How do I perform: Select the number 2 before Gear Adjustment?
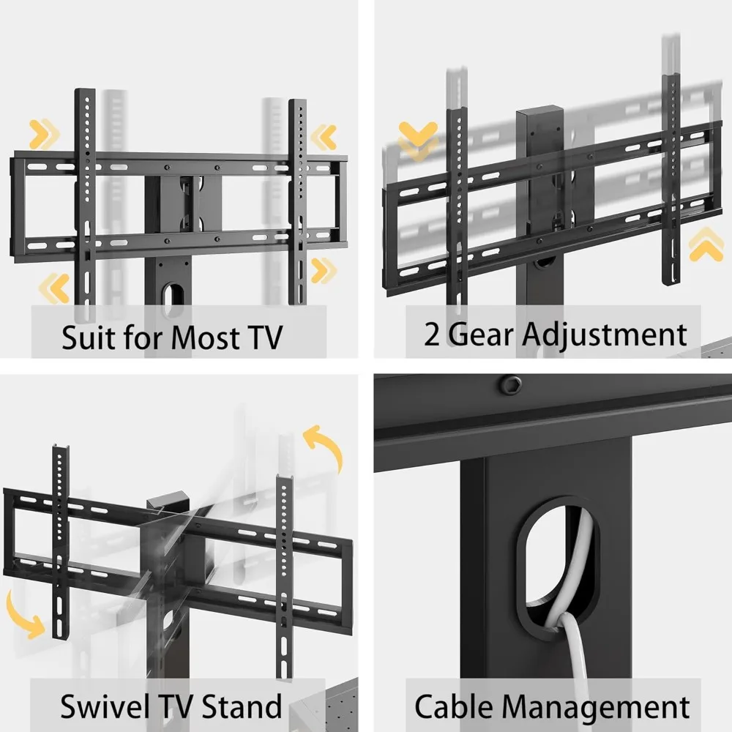(433, 334)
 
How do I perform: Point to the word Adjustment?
(605, 334)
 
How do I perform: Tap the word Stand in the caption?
(241, 707)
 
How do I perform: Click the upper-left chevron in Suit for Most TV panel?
(43, 135)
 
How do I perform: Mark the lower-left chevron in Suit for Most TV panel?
(53, 287)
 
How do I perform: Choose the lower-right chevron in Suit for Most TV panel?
(321, 270)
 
